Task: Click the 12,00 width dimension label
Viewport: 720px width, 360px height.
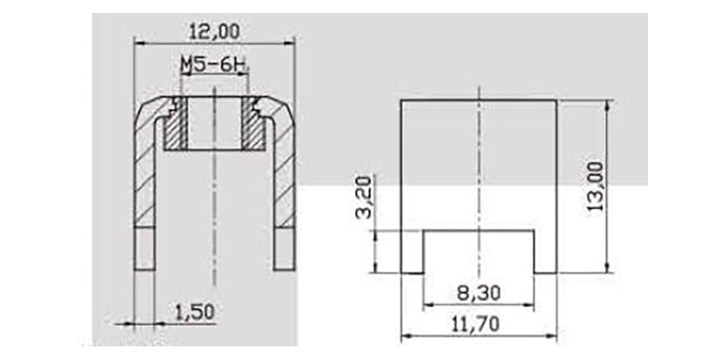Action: [215, 32]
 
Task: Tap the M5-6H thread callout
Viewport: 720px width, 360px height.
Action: [214, 66]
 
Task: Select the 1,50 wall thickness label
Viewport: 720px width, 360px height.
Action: [194, 312]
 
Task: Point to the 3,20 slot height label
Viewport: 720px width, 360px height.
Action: [364, 198]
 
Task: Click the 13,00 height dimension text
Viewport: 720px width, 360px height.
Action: [595, 186]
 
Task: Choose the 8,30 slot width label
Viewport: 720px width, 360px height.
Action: [479, 293]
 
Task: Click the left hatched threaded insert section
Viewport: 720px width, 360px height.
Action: [176, 123]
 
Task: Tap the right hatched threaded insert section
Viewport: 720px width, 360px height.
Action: [253, 123]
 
